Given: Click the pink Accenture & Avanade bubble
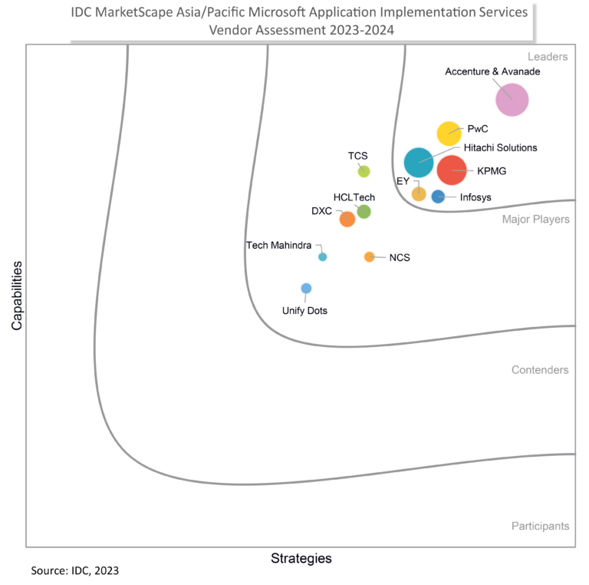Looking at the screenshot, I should click(512, 99).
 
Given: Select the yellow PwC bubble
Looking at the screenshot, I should click(449, 134).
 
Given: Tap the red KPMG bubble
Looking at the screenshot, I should click(451, 170).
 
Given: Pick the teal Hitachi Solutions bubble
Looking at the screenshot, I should click(419, 162).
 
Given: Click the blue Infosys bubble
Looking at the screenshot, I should click(438, 197).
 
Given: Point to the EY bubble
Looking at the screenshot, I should click(419, 193).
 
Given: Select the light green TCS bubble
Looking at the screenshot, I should click(364, 171).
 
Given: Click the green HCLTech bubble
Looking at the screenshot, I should click(364, 211).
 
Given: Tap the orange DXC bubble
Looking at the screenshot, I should click(347, 219).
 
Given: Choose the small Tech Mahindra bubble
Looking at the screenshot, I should click(323, 256).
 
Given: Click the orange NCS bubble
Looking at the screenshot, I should click(369, 256).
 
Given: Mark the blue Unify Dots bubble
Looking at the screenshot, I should click(306, 289).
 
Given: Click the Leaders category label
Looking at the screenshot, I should click(547, 57).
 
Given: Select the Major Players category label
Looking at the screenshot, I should click(535, 220).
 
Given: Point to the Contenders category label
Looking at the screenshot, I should click(540, 370).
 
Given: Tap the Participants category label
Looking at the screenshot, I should click(540, 526).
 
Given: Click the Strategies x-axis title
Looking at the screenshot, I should click(301, 558).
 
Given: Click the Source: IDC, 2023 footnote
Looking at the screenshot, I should click(74, 571).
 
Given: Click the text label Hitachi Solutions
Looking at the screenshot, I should click(500, 147).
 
